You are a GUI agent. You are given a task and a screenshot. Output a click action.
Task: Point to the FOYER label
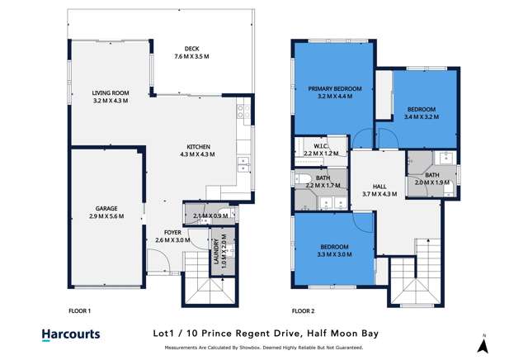pos(172,232)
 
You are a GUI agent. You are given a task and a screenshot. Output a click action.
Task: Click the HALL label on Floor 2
pos(379,187)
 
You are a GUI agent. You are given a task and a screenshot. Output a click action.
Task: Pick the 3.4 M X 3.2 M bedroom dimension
pos(422,117)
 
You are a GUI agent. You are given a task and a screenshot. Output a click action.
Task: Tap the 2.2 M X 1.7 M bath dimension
pos(322,186)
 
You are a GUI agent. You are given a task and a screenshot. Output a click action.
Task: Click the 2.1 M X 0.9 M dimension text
pos(210,216)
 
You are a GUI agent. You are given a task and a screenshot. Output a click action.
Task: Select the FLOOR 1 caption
pos(78,311)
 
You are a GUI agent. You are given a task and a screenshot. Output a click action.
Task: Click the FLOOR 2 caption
pos(303,311)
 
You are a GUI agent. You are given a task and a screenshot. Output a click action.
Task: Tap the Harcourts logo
pos(71,334)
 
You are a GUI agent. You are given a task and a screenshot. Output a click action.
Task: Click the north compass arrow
pos(485,341)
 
